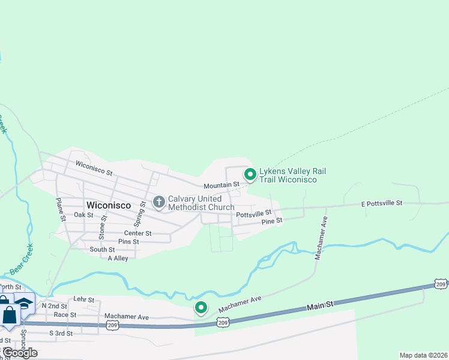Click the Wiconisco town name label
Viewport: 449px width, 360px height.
(x=109, y=205)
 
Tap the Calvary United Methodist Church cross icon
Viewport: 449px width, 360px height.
(x=159, y=202)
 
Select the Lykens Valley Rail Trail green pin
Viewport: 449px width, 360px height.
(x=250, y=175)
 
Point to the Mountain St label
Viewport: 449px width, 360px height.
(x=221, y=185)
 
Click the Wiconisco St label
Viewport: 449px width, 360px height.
(x=94, y=167)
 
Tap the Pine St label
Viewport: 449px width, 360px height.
(x=271, y=221)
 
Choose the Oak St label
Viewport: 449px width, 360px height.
(x=83, y=215)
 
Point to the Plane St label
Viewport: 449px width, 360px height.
(x=60, y=210)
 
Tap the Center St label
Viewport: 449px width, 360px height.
(x=137, y=233)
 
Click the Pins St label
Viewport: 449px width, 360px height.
(x=128, y=242)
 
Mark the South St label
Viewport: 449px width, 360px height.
(x=102, y=250)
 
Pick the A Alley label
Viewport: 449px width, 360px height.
(x=118, y=258)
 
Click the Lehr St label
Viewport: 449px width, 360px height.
(x=84, y=299)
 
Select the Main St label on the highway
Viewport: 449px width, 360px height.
(x=320, y=307)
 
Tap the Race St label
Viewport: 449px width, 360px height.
(x=65, y=314)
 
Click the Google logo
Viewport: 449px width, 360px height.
(x=20, y=352)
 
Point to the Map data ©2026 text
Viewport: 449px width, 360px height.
(x=423, y=355)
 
